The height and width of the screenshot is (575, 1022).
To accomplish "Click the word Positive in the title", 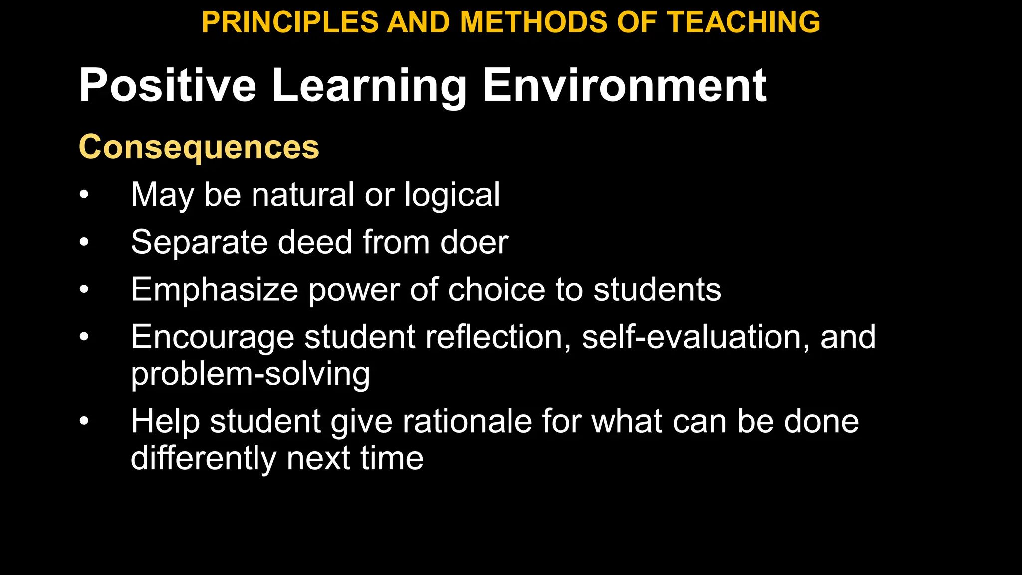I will (x=167, y=86).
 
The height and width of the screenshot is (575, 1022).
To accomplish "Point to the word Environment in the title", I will (x=624, y=86).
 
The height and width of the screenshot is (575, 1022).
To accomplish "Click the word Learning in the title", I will (x=369, y=86).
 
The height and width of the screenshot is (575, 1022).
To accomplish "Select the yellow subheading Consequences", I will (x=199, y=147).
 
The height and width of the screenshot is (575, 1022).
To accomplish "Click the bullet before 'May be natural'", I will (x=84, y=195).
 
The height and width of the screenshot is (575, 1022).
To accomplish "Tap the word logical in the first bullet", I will (x=452, y=195).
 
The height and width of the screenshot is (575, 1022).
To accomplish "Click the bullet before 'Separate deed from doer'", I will (x=84, y=243).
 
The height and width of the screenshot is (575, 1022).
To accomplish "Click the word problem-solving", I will (x=250, y=374).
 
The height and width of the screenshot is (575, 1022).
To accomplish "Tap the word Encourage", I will (x=212, y=337).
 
